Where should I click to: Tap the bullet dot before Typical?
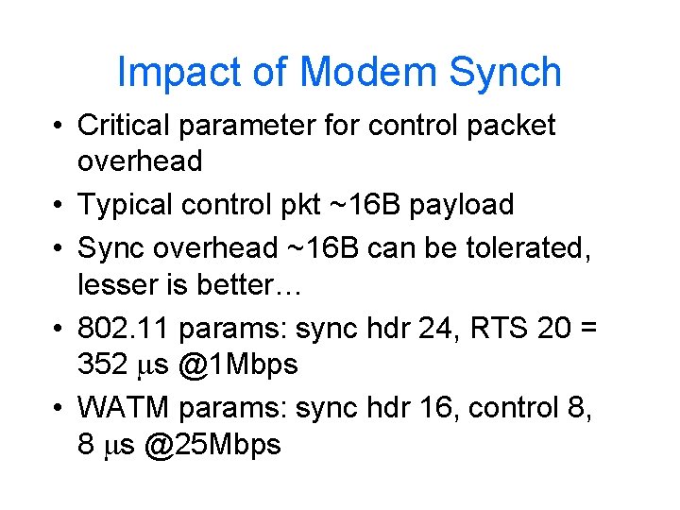point(59,204)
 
